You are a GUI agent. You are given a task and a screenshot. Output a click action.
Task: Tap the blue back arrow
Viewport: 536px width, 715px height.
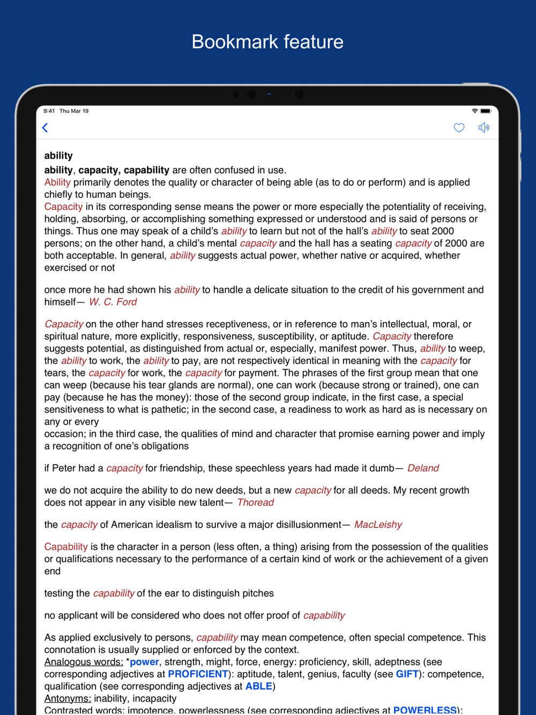(46, 128)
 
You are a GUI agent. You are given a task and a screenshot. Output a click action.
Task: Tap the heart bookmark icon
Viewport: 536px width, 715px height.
(459, 128)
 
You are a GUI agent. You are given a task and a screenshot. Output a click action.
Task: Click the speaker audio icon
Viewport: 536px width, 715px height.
(483, 128)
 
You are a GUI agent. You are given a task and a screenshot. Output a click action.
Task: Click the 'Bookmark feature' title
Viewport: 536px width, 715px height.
(267, 42)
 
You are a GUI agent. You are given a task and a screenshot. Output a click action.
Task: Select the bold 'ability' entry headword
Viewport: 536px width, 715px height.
(58, 155)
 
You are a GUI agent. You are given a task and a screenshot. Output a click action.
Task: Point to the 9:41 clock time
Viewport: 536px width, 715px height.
(49, 111)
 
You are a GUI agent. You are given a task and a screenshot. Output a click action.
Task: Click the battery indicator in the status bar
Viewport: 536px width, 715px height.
(486, 111)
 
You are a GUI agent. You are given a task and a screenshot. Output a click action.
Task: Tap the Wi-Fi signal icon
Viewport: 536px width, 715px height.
(474, 111)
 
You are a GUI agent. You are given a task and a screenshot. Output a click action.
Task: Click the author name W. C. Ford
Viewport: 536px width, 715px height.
(113, 302)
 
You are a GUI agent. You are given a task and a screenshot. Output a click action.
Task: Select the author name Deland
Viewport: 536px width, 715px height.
(423, 468)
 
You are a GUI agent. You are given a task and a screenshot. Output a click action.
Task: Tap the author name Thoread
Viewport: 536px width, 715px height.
(255, 502)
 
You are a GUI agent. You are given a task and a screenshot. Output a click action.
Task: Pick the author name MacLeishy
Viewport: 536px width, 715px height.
(378, 524)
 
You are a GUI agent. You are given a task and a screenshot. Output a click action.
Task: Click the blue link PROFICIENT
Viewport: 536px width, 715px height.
(198, 674)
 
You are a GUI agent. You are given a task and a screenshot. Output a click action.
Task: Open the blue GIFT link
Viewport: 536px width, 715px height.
(407, 674)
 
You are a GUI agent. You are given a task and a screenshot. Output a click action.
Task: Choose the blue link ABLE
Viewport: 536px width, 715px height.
(259, 686)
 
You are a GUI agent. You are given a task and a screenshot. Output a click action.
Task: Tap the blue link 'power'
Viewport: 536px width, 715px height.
(144, 662)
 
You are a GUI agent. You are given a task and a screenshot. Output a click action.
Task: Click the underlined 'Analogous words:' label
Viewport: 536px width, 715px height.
(84, 662)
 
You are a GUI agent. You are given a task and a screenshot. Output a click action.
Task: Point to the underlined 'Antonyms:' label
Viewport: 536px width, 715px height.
(68, 698)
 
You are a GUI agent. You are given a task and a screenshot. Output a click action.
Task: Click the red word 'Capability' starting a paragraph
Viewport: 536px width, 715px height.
(66, 547)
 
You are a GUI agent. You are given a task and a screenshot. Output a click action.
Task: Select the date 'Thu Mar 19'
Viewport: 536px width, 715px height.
(74, 111)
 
